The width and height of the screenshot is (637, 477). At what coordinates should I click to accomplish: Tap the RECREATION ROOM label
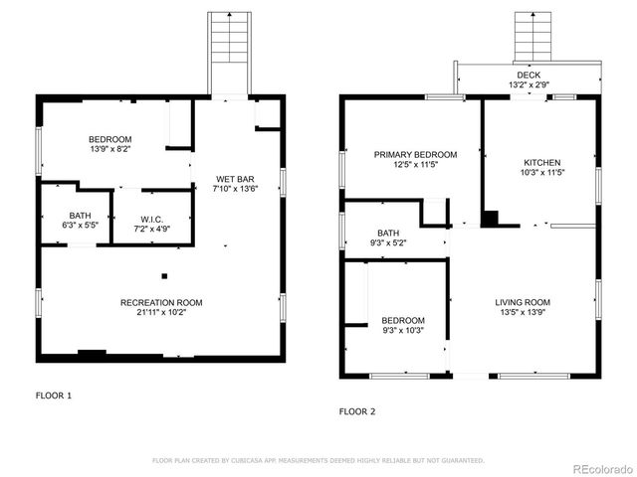(161, 302)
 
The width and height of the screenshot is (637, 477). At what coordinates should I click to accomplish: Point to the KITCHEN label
(542, 162)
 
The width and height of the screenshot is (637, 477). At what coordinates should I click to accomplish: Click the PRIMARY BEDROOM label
(415, 155)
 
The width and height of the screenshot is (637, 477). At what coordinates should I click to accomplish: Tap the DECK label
(529, 75)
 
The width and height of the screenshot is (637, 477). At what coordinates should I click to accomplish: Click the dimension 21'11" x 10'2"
(161, 312)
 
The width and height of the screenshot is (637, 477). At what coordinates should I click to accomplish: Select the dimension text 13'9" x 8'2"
(109, 149)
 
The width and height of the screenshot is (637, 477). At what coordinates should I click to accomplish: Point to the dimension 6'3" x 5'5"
(80, 226)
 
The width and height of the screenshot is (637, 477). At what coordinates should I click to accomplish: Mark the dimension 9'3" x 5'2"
(387, 242)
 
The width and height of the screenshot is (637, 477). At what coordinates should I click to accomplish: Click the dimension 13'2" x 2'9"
(529, 84)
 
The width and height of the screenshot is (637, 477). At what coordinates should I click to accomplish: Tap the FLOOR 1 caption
(54, 396)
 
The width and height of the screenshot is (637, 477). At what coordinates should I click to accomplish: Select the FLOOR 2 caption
(357, 410)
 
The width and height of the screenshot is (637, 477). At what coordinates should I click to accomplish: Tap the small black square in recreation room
(164, 276)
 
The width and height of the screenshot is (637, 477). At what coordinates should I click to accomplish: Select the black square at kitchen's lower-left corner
(489, 219)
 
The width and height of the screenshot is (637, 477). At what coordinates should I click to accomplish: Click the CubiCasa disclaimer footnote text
(318, 461)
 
